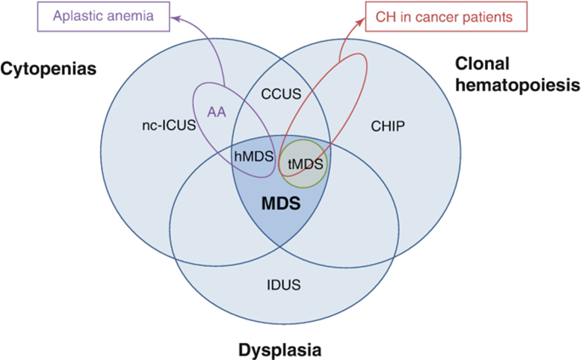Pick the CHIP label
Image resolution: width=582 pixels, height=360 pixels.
[387, 126]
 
